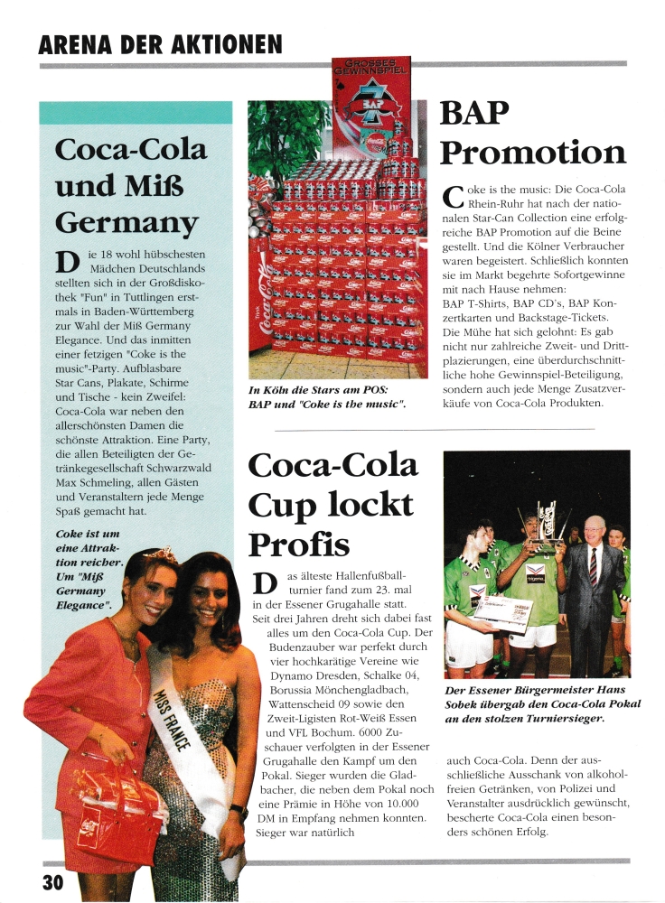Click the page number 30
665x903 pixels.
(52, 881)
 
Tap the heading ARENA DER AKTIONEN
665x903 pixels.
(160, 44)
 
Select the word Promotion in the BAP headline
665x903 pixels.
(532, 152)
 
